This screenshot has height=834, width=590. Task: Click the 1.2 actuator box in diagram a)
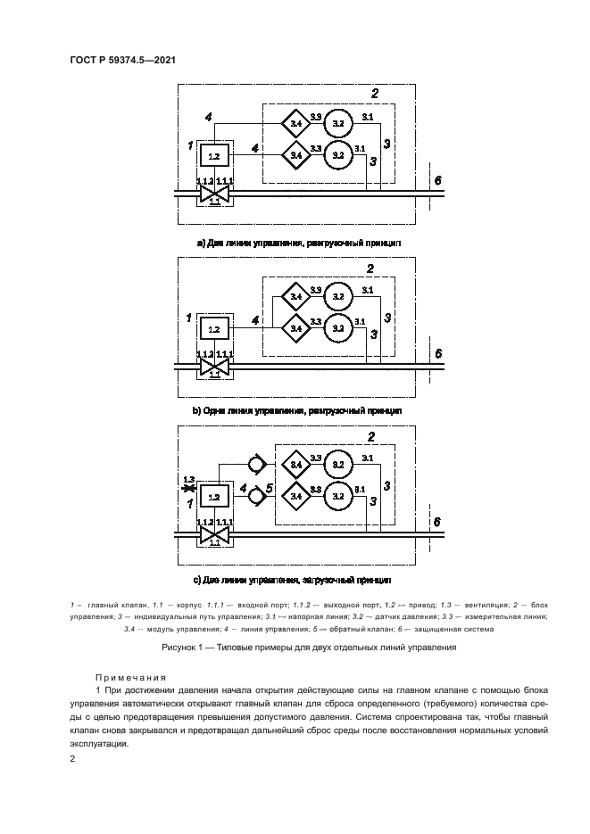(213, 155)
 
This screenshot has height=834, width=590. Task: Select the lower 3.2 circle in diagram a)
(337, 154)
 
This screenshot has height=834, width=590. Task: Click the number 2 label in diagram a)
(375, 94)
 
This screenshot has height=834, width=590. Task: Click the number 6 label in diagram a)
(437, 180)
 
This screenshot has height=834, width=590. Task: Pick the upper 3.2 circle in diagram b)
(337, 294)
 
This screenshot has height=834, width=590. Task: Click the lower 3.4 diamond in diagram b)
(295, 328)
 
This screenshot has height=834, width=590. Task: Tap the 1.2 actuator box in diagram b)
(213, 329)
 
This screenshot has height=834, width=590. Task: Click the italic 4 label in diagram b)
(256, 319)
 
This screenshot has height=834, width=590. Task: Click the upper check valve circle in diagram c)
(256, 463)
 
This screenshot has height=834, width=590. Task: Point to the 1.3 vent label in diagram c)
(188, 480)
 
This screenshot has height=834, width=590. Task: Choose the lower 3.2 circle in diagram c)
(337, 496)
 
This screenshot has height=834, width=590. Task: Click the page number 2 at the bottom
(73, 758)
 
